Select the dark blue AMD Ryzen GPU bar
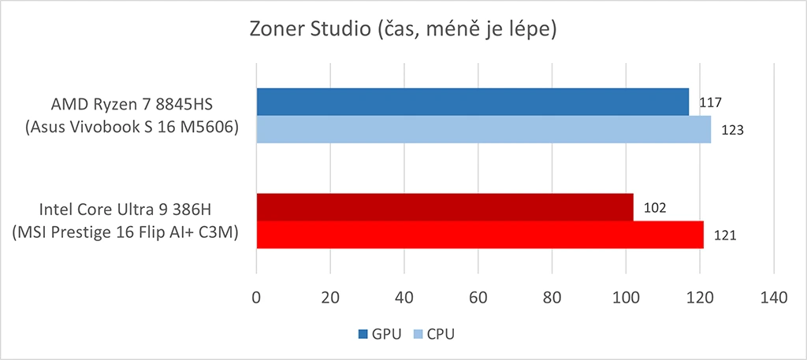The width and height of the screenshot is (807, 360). click(472, 102)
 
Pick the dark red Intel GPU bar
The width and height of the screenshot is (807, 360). click(444, 207)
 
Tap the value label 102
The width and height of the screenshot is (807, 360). click(655, 208)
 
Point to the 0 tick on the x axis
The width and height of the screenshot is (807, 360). click(256, 298)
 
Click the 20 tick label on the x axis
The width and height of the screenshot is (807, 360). click(330, 298)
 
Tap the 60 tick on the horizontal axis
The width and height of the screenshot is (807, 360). click(478, 298)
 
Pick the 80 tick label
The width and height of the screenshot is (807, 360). click(552, 298)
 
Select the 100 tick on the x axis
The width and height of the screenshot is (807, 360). click(626, 298)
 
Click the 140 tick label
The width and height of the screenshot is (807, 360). click(773, 298)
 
